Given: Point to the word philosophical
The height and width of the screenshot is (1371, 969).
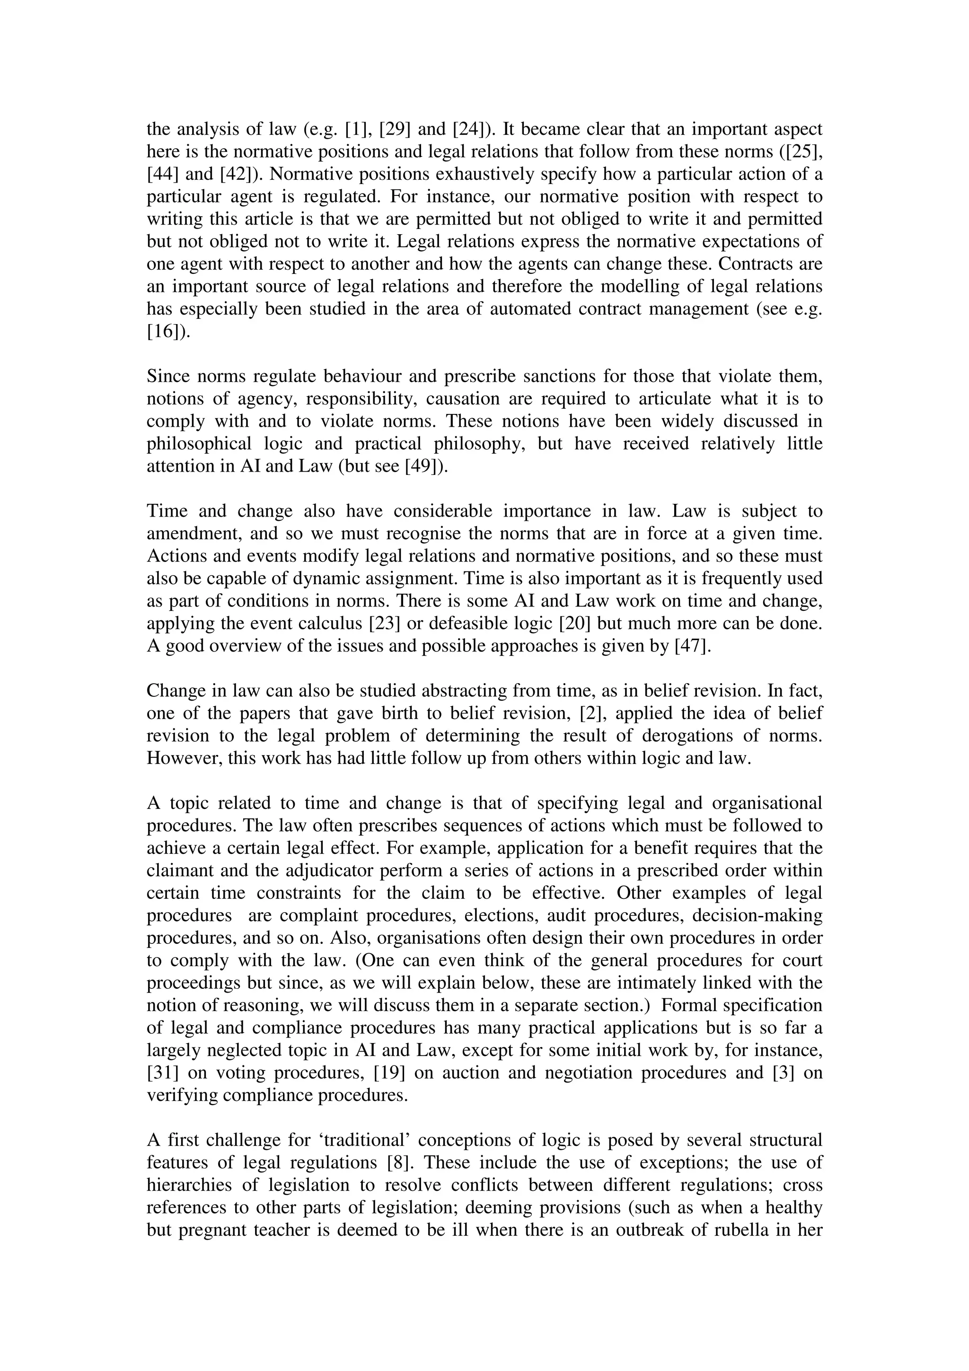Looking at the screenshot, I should pyautogui.click(x=199, y=444).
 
